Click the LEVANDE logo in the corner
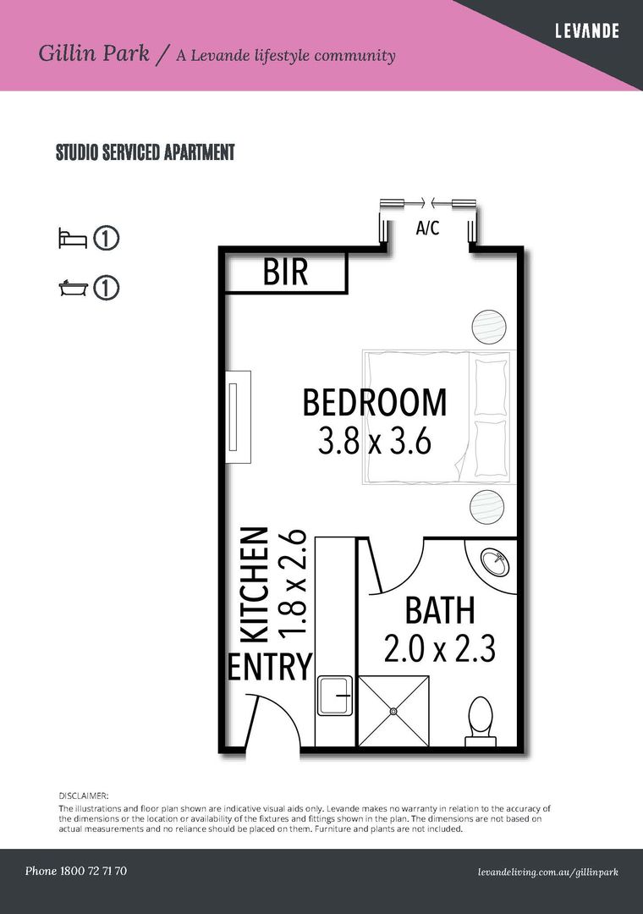click(x=586, y=31)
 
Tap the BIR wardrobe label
click(x=285, y=273)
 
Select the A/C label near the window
click(x=427, y=228)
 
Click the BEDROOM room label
click(x=375, y=403)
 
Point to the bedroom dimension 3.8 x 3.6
click(x=375, y=442)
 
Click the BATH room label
click(x=439, y=611)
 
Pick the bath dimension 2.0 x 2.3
click(x=439, y=649)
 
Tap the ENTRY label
click(x=270, y=667)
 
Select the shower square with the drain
click(x=393, y=711)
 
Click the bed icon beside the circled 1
click(x=72, y=239)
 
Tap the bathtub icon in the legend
click(x=72, y=289)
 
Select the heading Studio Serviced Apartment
click(x=145, y=153)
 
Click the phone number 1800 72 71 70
click(x=76, y=871)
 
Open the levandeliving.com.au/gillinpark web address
click(x=547, y=872)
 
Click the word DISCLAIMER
click(x=84, y=796)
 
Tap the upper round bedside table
click(x=489, y=327)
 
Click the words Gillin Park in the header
click(x=94, y=54)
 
